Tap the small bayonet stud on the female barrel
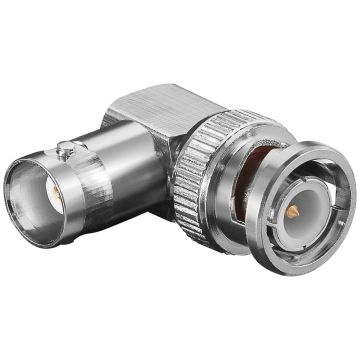[x=65, y=151]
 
